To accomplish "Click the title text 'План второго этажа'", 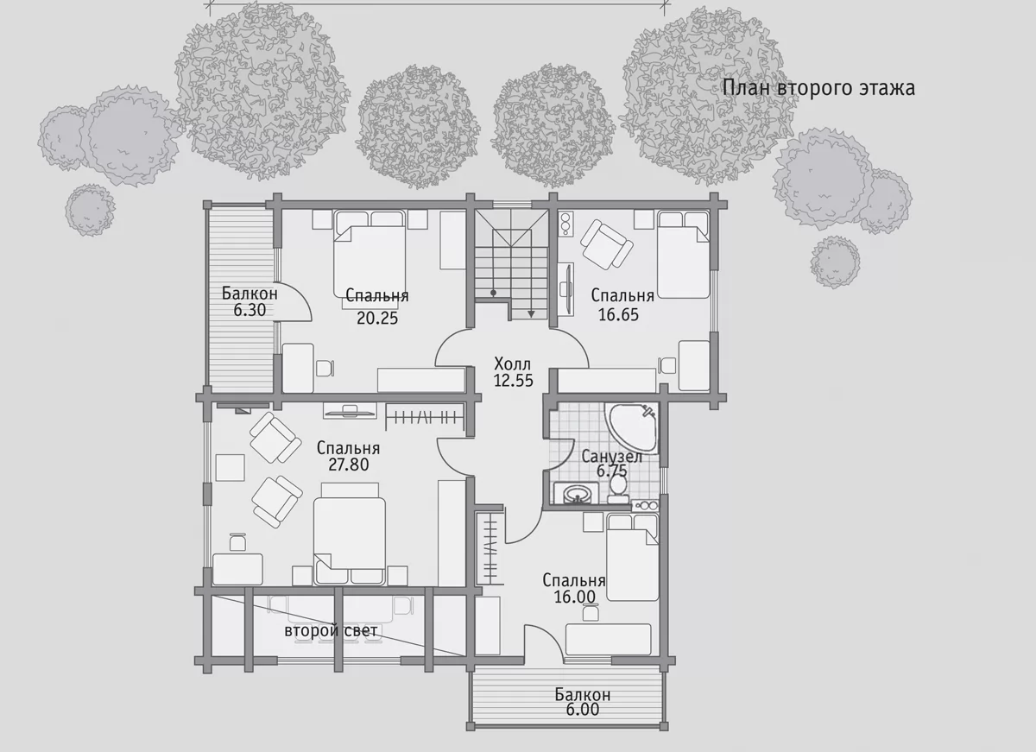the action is (x=818, y=88).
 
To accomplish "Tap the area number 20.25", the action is (x=377, y=319).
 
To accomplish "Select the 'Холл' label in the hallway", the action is (x=512, y=363).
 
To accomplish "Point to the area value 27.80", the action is (x=349, y=464).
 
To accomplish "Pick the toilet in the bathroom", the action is (x=618, y=489).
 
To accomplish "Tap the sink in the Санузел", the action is (x=576, y=494).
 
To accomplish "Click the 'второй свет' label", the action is (x=331, y=631).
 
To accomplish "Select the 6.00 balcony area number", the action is (x=582, y=710).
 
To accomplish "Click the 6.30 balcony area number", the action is (x=250, y=310).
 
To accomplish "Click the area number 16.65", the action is (x=618, y=314).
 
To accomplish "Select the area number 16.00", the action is (x=574, y=597).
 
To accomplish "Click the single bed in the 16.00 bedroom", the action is (x=632, y=558).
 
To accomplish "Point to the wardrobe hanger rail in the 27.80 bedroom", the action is (x=426, y=418).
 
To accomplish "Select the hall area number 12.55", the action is (x=513, y=380).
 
